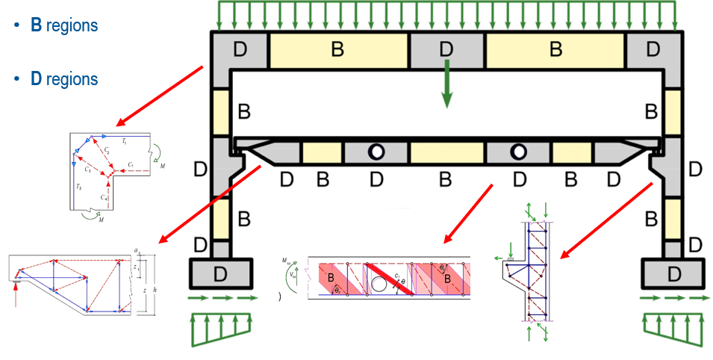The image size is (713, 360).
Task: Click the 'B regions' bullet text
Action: point(63,25)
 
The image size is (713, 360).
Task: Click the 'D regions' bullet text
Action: point(63,78)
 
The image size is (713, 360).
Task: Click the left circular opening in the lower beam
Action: point(376,152)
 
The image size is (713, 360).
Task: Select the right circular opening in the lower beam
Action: point(517,152)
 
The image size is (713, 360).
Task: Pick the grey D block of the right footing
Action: point(673,273)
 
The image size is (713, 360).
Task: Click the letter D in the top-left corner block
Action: point(240,50)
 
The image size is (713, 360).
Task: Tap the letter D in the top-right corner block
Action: point(653,50)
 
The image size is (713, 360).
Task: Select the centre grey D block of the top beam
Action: point(446,50)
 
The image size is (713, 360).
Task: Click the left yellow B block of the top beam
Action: point(337,50)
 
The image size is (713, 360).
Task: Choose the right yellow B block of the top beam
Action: point(555,50)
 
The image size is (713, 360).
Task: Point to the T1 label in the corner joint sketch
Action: point(124,140)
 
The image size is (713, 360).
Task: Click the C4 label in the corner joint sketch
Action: point(105,198)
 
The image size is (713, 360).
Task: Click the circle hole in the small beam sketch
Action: point(379,283)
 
